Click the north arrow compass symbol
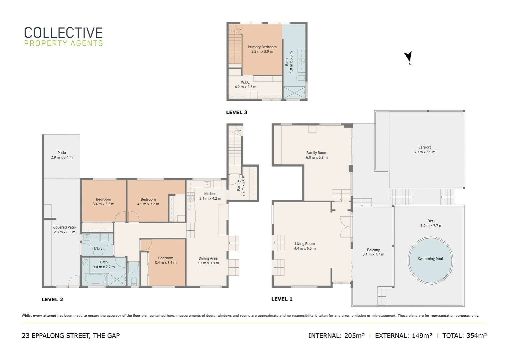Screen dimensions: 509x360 408,57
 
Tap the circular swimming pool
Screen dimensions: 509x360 430,260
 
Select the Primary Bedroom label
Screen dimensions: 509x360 262,47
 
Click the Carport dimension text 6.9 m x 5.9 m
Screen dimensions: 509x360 424,152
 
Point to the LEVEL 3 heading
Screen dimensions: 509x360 237,112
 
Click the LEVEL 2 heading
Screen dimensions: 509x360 52,300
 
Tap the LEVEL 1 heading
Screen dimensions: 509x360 282,299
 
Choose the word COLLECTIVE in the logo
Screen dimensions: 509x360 63,33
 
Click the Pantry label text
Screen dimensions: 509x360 239,185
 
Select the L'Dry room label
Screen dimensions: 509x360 98,248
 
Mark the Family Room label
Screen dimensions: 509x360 317,153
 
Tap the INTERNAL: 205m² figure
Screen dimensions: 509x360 336,336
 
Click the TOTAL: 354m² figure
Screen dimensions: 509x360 464,336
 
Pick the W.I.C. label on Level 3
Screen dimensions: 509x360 246,82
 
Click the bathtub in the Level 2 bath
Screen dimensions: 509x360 95,279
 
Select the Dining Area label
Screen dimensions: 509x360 208,258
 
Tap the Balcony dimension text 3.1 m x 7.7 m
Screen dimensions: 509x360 373,254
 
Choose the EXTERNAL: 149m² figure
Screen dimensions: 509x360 403,336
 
